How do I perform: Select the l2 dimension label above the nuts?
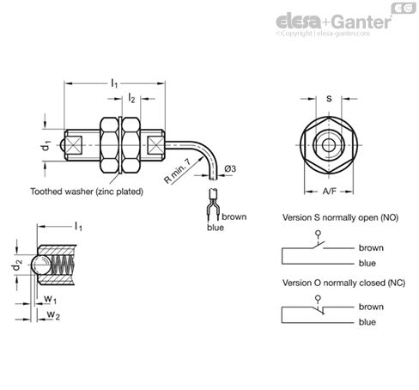coord(131,100)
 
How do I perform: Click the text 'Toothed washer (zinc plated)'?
coord(87,191)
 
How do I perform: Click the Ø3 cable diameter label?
coord(230,169)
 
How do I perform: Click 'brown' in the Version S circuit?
coord(371,247)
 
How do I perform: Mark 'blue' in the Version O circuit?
coord(367,321)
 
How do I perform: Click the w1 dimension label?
coord(51,301)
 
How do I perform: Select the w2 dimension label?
coord(51,316)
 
